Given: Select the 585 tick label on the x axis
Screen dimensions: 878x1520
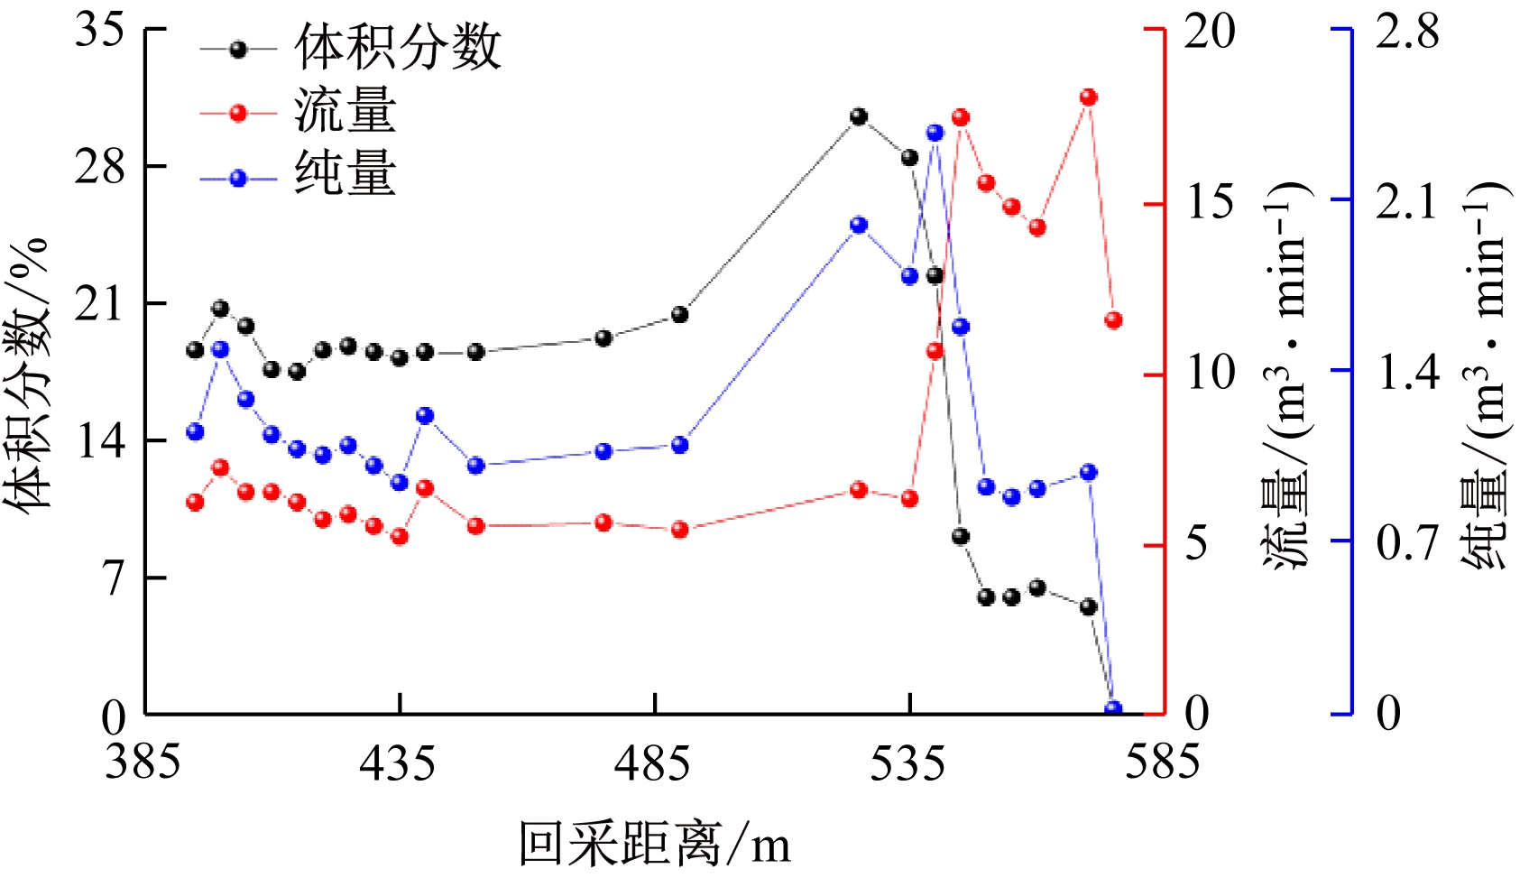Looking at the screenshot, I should (x=1162, y=763).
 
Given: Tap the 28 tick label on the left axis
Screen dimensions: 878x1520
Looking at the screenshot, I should (x=100, y=167).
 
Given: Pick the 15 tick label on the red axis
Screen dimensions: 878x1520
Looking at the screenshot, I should (x=1209, y=202).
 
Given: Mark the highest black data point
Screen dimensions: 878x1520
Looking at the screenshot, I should (x=858, y=116).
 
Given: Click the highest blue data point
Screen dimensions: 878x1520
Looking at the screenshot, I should (x=935, y=133).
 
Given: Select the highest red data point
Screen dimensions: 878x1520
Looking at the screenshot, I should (x=1088, y=97).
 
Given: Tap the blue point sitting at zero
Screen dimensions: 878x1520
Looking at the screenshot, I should (x=1113, y=709).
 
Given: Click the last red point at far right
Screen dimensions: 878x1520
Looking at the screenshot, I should (x=1113, y=319).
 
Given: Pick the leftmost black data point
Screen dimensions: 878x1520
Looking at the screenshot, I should (x=195, y=350).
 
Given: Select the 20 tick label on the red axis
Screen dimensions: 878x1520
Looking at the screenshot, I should (x=1209, y=32).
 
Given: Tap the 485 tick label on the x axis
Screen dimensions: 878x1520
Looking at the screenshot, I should (x=652, y=763).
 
